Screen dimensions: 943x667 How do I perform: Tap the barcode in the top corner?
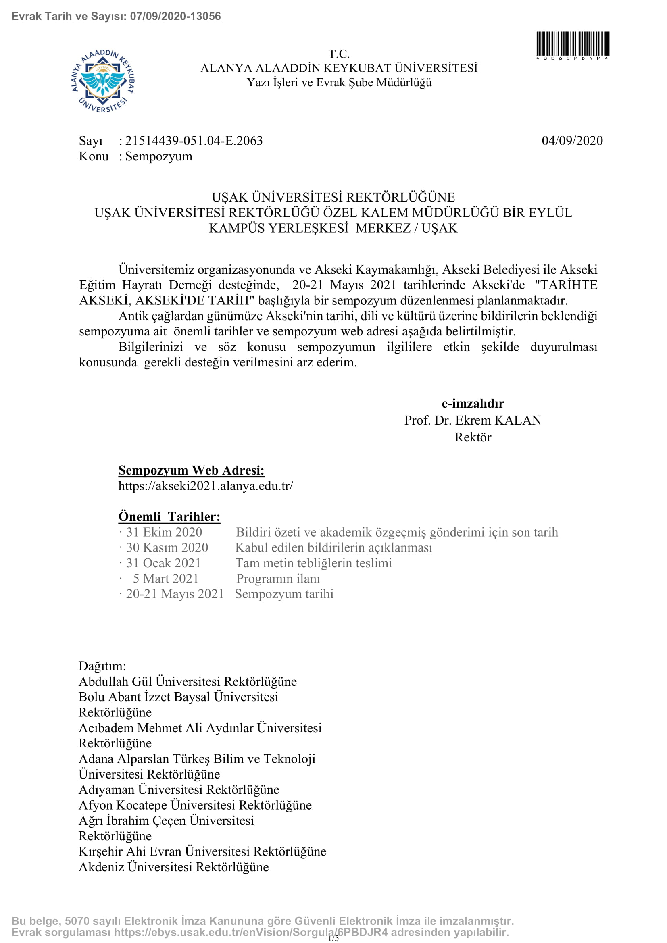(x=571, y=44)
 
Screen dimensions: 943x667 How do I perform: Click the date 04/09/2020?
(x=572, y=141)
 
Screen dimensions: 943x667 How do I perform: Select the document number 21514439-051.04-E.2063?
(x=194, y=141)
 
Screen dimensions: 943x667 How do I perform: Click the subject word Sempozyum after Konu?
(x=158, y=156)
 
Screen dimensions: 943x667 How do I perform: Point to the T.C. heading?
(x=339, y=54)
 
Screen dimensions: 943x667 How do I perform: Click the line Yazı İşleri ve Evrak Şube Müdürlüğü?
(x=339, y=83)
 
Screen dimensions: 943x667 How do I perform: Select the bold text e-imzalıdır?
(x=473, y=403)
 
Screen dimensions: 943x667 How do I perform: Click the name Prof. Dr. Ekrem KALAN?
(x=473, y=420)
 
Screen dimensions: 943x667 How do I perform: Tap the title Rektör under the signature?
(x=473, y=437)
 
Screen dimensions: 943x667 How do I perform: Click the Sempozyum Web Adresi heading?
(x=192, y=470)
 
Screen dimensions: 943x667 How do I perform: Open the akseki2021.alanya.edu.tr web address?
(x=206, y=486)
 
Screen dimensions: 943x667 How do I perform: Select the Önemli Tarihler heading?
(x=169, y=517)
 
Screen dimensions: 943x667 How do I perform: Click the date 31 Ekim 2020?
(x=164, y=532)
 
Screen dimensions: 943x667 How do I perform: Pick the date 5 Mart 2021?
(x=165, y=579)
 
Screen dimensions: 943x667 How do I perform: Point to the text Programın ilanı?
(x=278, y=579)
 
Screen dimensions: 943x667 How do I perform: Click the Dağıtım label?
(x=102, y=666)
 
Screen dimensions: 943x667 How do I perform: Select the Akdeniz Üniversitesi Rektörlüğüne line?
(x=174, y=867)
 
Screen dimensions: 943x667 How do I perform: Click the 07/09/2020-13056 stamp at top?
(x=175, y=17)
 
